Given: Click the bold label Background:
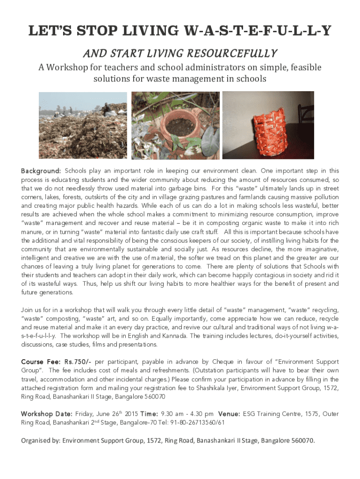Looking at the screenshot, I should tap(41, 171).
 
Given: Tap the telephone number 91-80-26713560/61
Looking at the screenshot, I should tap(195, 423).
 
